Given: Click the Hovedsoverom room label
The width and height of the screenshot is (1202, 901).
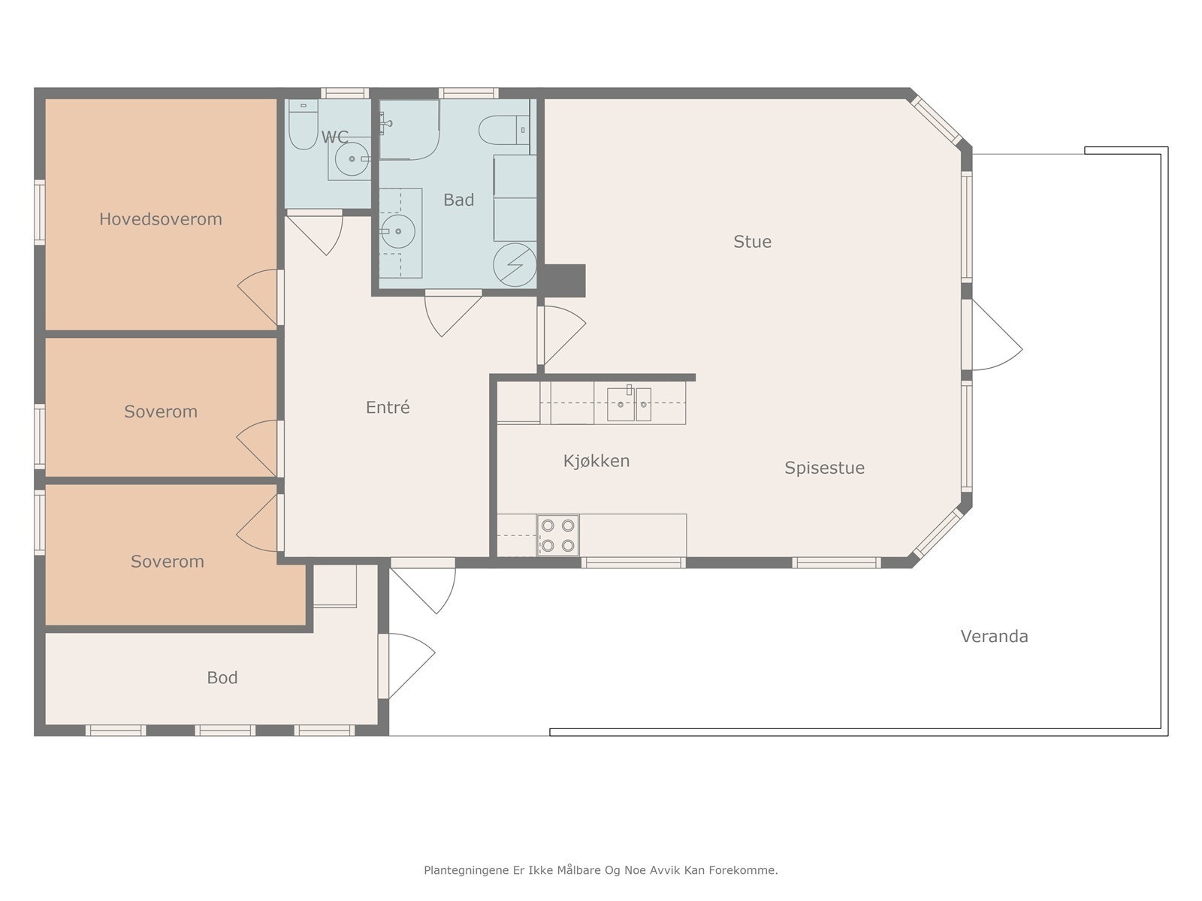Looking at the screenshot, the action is tap(161, 219).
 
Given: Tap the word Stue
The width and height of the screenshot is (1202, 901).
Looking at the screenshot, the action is tap(753, 242).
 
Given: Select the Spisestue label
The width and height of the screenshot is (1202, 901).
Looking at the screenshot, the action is tap(825, 469).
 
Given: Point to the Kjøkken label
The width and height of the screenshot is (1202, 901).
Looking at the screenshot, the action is tap(596, 461).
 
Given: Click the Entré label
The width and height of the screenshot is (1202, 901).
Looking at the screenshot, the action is tap(388, 407).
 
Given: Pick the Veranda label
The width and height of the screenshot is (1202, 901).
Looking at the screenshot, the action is tap(995, 636).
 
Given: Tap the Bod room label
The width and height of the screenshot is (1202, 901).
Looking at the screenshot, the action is tap(222, 678).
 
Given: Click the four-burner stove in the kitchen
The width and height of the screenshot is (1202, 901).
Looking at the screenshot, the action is tap(557, 535).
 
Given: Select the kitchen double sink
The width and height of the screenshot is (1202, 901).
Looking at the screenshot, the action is tap(630, 404).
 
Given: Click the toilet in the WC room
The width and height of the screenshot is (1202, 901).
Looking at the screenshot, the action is tap(303, 124).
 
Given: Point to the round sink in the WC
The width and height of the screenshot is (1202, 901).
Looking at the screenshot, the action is tap(352, 159).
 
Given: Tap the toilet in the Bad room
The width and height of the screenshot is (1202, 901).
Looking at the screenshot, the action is tap(504, 130).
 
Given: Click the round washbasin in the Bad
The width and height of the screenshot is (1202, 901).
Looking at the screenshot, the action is tap(397, 231).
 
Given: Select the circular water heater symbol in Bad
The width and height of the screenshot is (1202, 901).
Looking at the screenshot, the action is tap(515, 265).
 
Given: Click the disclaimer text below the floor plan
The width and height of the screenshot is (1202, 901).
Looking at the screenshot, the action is tap(601, 869).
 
